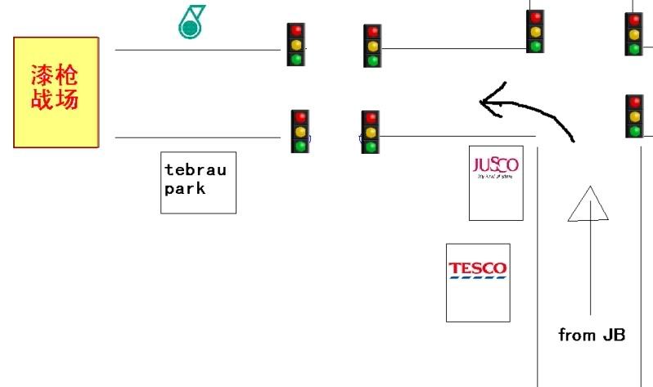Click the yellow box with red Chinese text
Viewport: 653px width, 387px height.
(56, 92)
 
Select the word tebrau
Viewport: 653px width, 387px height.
(195, 170)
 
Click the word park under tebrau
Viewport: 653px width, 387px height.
(184, 188)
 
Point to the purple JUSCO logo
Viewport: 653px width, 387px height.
(496, 164)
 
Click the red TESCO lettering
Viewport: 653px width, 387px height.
(477, 268)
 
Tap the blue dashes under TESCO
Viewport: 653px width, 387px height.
(477, 277)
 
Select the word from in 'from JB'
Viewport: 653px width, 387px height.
(576, 335)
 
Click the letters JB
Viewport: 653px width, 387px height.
(614, 335)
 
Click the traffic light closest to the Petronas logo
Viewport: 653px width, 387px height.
(295, 44)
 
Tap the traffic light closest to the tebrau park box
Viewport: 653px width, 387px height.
(300, 131)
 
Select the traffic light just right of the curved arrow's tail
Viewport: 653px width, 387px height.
(634, 116)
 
